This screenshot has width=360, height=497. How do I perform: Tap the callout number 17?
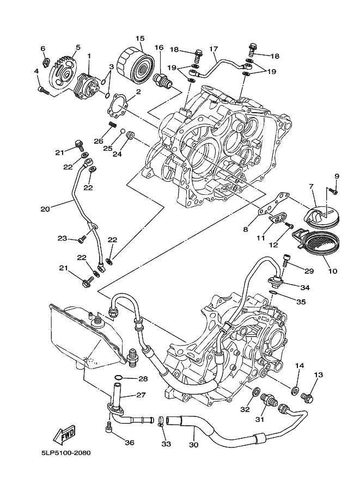(x=213, y=48)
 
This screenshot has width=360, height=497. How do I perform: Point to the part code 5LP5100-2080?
(x=65, y=452)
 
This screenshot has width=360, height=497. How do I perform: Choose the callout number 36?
(x=129, y=443)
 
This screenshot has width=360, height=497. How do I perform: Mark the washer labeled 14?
(x=295, y=390)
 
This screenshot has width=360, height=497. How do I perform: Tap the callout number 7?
(x=312, y=187)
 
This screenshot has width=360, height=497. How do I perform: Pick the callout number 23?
(x=63, y=238)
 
